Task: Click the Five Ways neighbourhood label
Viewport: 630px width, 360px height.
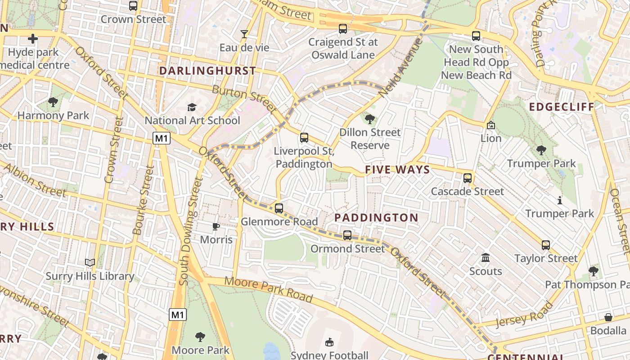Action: pos(397,170)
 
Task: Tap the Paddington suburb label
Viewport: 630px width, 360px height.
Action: pos(376,218)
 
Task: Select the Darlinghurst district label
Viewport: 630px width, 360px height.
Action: pos(207,71)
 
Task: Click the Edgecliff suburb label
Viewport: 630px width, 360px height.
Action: pos(562,107)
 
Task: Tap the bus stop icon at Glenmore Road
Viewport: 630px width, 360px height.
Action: pos(279,208)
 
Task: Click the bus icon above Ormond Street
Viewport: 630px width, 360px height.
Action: pos(347,235)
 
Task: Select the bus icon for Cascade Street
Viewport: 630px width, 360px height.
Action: pos(468,178)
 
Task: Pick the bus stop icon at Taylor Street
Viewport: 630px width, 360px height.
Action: pos(546,245)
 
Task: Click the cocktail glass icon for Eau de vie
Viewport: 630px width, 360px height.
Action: pos(244,34)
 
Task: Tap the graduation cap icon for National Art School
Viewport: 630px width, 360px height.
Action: pos(192,107)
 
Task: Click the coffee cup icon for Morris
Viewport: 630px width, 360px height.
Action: pos(216,226)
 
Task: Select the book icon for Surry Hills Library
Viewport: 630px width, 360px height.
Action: pos(90,262)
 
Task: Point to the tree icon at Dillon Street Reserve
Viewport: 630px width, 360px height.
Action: pos(370,119)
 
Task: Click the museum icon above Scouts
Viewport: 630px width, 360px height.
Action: pos(486,258)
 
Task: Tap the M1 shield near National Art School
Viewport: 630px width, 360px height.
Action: pos(162,138)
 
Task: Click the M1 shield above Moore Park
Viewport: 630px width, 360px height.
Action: pos(178,314)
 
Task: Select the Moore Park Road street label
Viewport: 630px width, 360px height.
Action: pos(268,289)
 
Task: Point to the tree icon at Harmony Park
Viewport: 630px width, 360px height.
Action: pos(53,102)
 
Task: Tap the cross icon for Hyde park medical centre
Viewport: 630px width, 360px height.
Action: pos(33,39)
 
